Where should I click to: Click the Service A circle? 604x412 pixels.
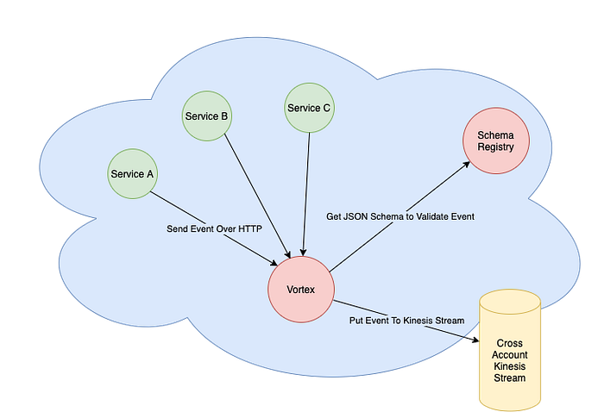click(x=132, y=174)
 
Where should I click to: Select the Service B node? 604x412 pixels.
click(x=207, y=115)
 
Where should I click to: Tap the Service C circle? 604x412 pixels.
click(x=309, y=108)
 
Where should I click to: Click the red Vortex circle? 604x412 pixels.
click(x=301, y=290)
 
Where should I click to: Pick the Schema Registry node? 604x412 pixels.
click(x=496, y=140)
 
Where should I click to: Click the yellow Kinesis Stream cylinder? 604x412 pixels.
click(x=510, y=350)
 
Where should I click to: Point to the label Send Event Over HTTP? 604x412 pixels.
click(x=214, y=229)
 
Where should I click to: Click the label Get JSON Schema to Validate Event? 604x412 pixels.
click(x=400, y=216)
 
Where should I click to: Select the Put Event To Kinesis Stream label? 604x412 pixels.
click(x=406, y=321)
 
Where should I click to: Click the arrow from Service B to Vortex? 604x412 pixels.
click(x=257, y=196)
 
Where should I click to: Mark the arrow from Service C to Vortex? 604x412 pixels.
click(x=306, y=194)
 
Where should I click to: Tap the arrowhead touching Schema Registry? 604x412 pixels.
click(x=466, y=165)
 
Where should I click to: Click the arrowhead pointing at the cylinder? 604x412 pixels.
click(x=475, y=340)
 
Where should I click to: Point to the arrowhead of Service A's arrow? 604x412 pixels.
click(x=274, y=263)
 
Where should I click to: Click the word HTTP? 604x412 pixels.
click(x=250, y=229)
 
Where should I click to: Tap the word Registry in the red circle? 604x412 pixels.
click(x=496, y=147)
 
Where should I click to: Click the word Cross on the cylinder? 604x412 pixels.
click(x=510, y=343)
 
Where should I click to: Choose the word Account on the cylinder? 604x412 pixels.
click(x=510, y=354)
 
